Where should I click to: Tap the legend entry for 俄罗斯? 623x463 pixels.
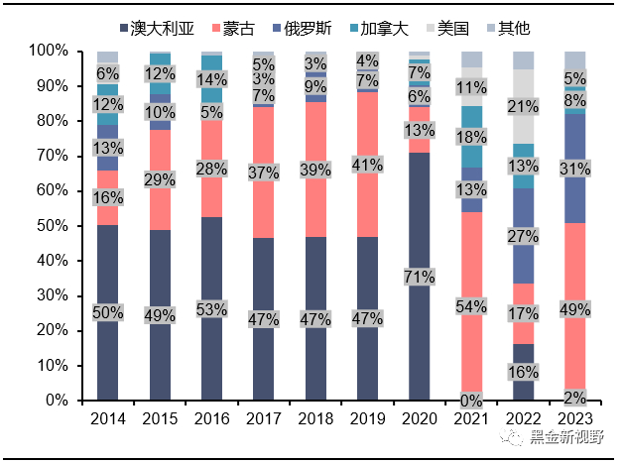306,29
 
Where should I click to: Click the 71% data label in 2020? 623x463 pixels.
419,277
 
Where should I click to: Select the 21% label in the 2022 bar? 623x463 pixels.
525,106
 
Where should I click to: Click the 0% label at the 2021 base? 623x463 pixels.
472,400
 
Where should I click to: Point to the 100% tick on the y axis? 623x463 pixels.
47,51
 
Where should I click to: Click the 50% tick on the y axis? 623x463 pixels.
51,226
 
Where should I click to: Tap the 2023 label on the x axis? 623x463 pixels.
574,418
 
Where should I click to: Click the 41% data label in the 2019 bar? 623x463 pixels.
367,164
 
